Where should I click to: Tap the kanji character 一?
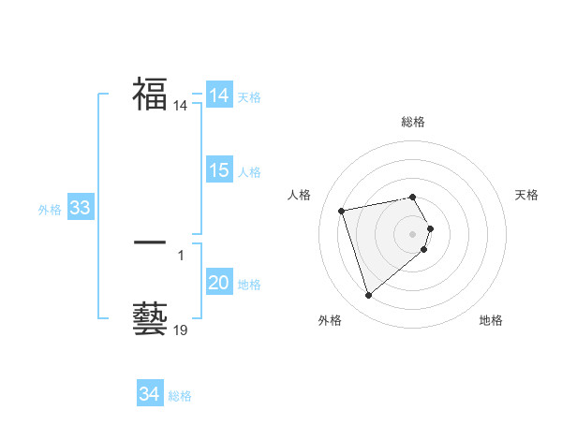pyautogui.click(x=150, y=242)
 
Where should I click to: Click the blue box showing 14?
pyautogui.click(x=219, y=95)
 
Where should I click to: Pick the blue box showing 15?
pyautogui.click(x=219, y=170)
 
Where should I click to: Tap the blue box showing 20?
pyautogui.click(x=219, y=283)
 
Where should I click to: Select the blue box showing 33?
pyautogui.click(x=80, y=208)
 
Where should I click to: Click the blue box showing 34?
pyautogui.click(x=149, y=394)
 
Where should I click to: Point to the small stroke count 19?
pyautogui.click(x=181, y=330)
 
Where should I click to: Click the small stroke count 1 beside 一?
pyautogui.click(x=181, y=255)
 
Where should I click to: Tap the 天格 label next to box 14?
pyautogui.click(x=249, y=97)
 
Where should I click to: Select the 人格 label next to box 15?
pyautogui.click(x=249, y=172)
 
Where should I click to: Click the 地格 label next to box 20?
pyautogui.click(x=249, y=285)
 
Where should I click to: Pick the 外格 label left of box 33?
pyautogui.click(x=50, y=210)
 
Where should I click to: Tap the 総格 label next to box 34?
pyautogui.click(x=179, y=396)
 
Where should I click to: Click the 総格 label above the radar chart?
pyautogui.click(x=413, y=122)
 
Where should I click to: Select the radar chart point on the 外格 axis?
pyautogui.click(x=368, y=296)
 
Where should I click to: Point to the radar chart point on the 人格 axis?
pyautogui.click(x=342, y=210)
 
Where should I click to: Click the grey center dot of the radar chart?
pyautogui.click(x=413, y=233)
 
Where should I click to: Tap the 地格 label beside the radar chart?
pyautogui.click(x=491, y=320)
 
